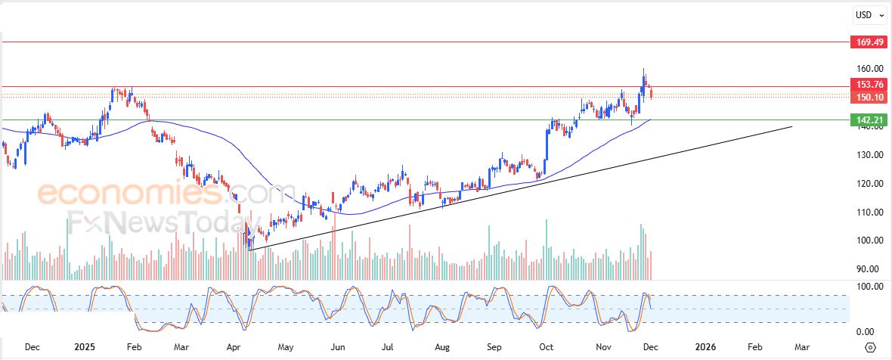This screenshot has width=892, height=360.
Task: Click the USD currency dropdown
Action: click(867, 14)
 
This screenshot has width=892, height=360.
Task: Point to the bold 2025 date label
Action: click(85, 347)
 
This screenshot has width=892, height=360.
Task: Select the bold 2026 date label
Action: click(705, 347)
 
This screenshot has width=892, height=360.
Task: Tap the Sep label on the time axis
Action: click(494, 347)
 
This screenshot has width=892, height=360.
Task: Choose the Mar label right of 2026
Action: click(802, 347)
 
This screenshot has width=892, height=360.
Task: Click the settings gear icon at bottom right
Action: click(870, 347)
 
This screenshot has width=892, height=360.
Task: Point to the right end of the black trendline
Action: click(791, 126)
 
